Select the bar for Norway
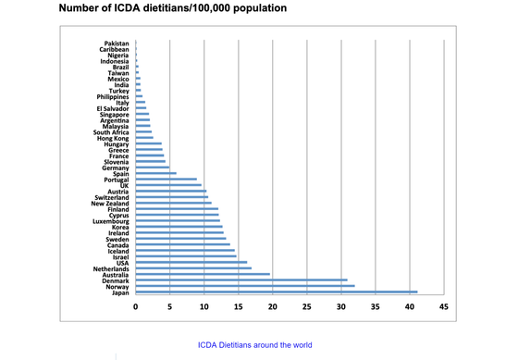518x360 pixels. tap(244, 286)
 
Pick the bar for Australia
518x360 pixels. tap(203, 274)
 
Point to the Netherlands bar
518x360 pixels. tap(192, 267)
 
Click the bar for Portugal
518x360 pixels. tap(166, 179)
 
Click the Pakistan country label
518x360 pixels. tap(116, 43)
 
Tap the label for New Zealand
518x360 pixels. tap(110, 204)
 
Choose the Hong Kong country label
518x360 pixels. tap(113, 138)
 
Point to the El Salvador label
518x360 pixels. tap(113, 109)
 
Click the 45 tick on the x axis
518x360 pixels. tap(443, 306)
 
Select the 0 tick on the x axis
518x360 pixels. tap(136, 306)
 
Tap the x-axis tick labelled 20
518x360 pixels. tap(273, 306)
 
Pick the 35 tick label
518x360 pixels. tap(375, 306)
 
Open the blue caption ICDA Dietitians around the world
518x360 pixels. tap(255, 345)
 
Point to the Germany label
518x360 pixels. tap(116, 168)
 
